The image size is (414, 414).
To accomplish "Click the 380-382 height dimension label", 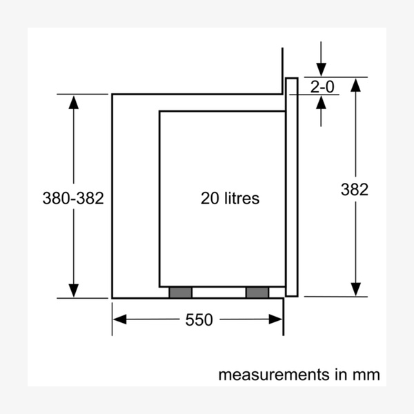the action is point(73,198).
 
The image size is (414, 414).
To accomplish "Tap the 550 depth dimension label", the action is point(199,319).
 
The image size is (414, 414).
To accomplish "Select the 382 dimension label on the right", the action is point(355,189).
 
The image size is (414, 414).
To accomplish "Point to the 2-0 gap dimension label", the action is point(322,87).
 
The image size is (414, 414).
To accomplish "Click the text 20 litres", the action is point(230,198).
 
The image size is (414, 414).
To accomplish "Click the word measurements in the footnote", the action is point(274,375).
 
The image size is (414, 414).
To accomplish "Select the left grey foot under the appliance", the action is point(181,293).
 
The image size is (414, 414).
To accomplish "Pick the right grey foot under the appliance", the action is point(257,293).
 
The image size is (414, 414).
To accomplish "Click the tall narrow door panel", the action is point(292,187).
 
